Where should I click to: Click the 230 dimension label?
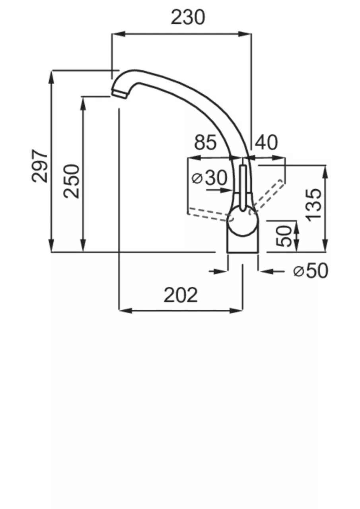coord(188,17)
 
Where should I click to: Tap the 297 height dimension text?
coord(39,166)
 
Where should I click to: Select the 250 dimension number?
coord(72,181)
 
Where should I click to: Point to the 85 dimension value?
coord(205,142)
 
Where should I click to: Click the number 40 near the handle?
coord(266,142)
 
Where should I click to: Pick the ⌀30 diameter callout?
coord(209,177)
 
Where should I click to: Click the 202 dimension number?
coord(181,295)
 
